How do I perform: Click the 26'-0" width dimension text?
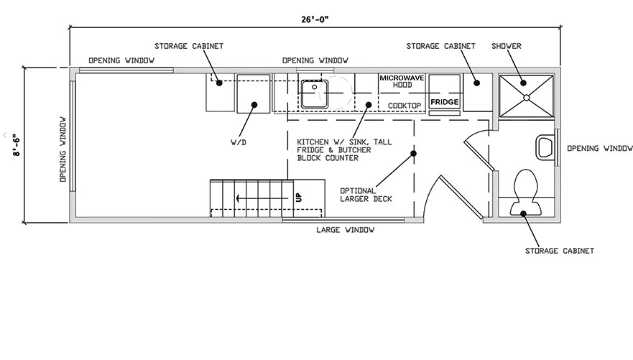tap(315, 19)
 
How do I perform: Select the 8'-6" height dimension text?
tap(17, 145)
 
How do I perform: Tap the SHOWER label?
tap(507, 46)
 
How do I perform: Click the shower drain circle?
tap(527, 97)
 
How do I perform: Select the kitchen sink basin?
tap(315, 93)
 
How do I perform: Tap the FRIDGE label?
tap(445, 102)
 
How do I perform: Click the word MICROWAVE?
tap(402, 78)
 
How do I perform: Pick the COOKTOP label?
tap(405, 106)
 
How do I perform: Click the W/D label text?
tap(238, 142)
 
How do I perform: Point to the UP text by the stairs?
tap(299, 198)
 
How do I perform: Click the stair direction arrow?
tap(262, 198)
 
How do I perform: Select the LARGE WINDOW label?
tap(345, 230)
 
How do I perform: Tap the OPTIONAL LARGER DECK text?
tap(366, 195)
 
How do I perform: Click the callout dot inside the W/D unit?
tap(254, 104)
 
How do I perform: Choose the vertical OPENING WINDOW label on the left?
tap(63, 149)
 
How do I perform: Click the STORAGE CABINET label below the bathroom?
tap(560, 251)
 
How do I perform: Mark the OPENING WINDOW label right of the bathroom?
tap(600, 149)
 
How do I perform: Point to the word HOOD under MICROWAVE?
tap(402, 85)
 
